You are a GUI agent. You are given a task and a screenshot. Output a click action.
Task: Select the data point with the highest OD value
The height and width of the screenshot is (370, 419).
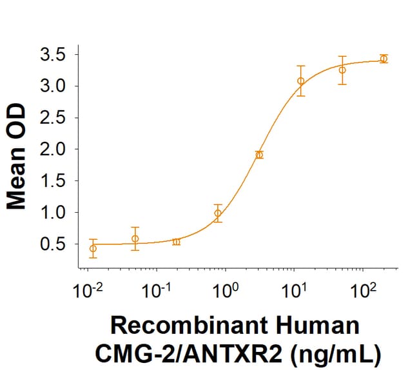tap(384, 59)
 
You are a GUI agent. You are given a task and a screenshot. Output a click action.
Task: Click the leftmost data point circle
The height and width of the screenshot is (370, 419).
tap(93, 248)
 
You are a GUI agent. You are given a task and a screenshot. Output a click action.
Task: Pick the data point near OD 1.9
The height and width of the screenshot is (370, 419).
tap(259, 155)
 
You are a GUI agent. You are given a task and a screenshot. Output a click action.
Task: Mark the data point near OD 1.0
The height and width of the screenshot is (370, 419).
tap(218, 213)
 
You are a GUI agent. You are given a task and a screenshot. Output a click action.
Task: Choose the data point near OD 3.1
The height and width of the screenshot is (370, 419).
tap(300, 81)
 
